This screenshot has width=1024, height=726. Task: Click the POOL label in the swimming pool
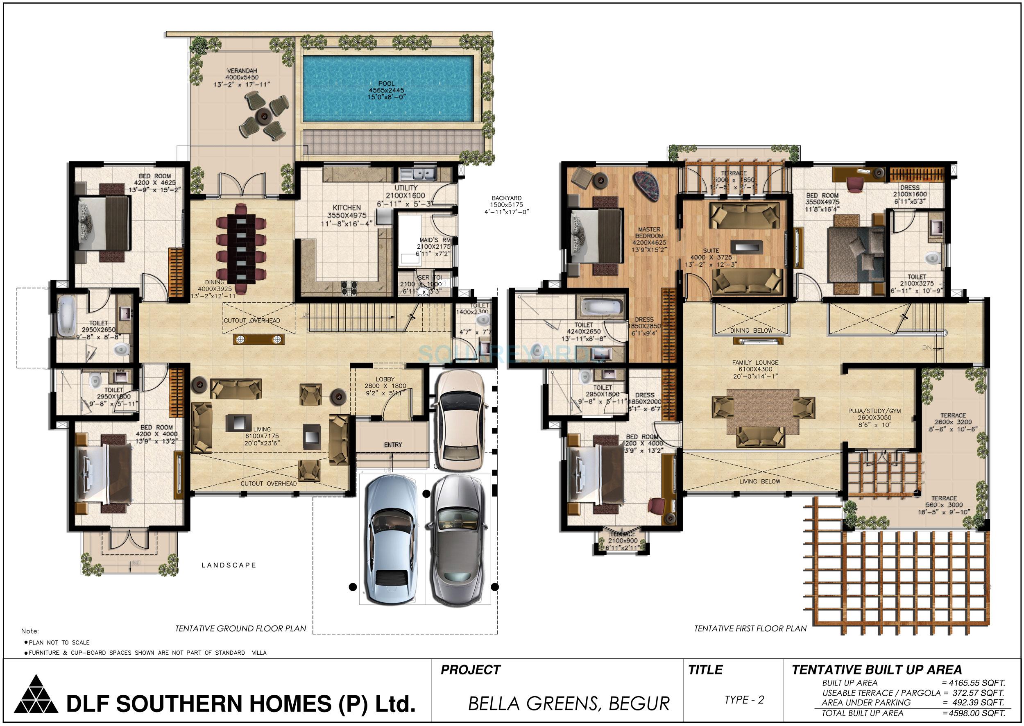[386, 84]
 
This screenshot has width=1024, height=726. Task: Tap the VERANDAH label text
[242, 70]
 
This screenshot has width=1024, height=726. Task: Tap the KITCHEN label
[347, 208]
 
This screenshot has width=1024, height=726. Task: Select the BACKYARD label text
[506, 198]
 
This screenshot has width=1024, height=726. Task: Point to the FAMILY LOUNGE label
[755, 363]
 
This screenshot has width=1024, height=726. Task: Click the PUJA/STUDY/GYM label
[874, 411]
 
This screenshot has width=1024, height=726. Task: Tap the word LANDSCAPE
[229, 565]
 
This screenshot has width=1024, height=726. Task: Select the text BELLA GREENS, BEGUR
[569, 703]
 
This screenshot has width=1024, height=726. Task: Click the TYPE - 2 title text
[744, 700]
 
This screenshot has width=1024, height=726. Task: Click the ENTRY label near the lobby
[392, 445]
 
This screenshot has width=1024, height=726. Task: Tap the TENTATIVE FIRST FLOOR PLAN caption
[750, 628]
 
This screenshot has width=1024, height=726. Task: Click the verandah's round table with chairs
[263, 116]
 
